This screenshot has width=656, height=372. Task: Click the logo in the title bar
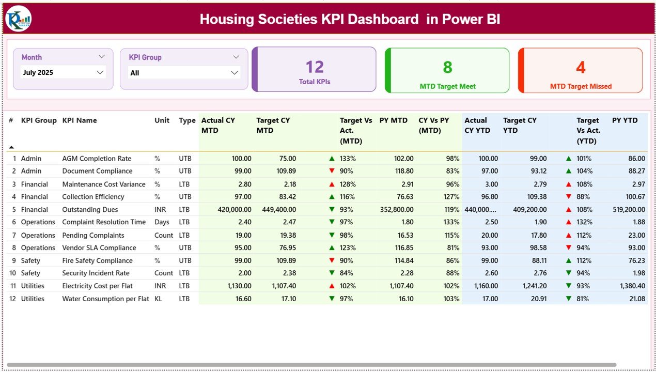click(18, 19)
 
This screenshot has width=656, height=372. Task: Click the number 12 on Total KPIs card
click(314, 67)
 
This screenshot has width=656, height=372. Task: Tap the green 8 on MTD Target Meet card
click(447, 67)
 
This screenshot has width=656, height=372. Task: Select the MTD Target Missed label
click(581, 86)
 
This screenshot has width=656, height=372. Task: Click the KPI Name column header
click(80, 120)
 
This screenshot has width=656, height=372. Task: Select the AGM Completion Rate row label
click(97, 159)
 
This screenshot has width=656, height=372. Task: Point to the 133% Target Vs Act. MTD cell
click(348, 159)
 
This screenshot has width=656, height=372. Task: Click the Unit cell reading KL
click(158, 299)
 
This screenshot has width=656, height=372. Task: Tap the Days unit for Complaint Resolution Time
click(162, 222)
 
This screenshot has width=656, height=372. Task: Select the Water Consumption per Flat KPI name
click(105, 299)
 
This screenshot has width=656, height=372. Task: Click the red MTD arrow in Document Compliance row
click(332, 171)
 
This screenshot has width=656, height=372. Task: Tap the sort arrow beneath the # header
click(11, 147)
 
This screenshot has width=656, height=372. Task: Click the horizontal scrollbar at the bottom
click(310, 365)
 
